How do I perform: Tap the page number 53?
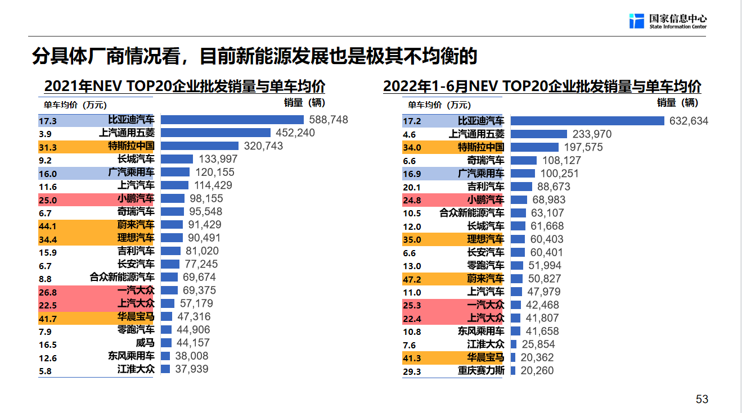point(701,399)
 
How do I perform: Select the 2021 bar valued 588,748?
point(232,120)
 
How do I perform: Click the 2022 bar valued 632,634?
point(587,121)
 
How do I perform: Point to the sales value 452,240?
point(295,133)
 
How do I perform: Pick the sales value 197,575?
point(582,147)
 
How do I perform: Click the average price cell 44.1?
point(48,225)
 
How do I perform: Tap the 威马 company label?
point(145,343)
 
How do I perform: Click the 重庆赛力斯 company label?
point(481,371)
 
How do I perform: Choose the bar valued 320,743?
point(201,146)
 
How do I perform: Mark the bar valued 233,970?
point(538,134)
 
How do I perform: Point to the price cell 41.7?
point(48,319)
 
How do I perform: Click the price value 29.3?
point(412,371)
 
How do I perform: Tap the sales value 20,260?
point(537,370)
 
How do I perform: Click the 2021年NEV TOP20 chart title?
point(185,87)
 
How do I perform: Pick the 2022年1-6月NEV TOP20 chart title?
point(542,87)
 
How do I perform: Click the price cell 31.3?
point(48,147)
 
